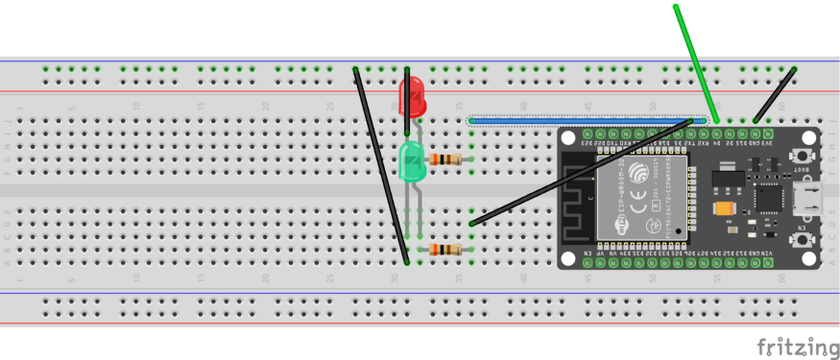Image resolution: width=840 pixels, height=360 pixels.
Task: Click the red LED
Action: pyautogui.click(x=410, y=97)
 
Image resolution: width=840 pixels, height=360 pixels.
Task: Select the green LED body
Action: pyautogui.click(x=412, y=160)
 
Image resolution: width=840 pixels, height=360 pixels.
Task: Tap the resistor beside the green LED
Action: pyautogui.click(x=448, y=158)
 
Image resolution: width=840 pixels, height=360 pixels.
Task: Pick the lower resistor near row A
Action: pyautogui.click(x=447, y=250)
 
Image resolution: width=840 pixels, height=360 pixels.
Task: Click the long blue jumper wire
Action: pyautogui.click(x=586, y=121)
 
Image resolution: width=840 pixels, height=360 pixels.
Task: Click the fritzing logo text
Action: pyautogui.click(x=796, y=346)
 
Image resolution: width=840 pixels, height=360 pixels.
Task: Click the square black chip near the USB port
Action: pyautogui.click(x=768, y=198)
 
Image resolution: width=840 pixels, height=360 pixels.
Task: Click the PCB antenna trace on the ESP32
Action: pyautogui.click(x=580, y=198)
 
